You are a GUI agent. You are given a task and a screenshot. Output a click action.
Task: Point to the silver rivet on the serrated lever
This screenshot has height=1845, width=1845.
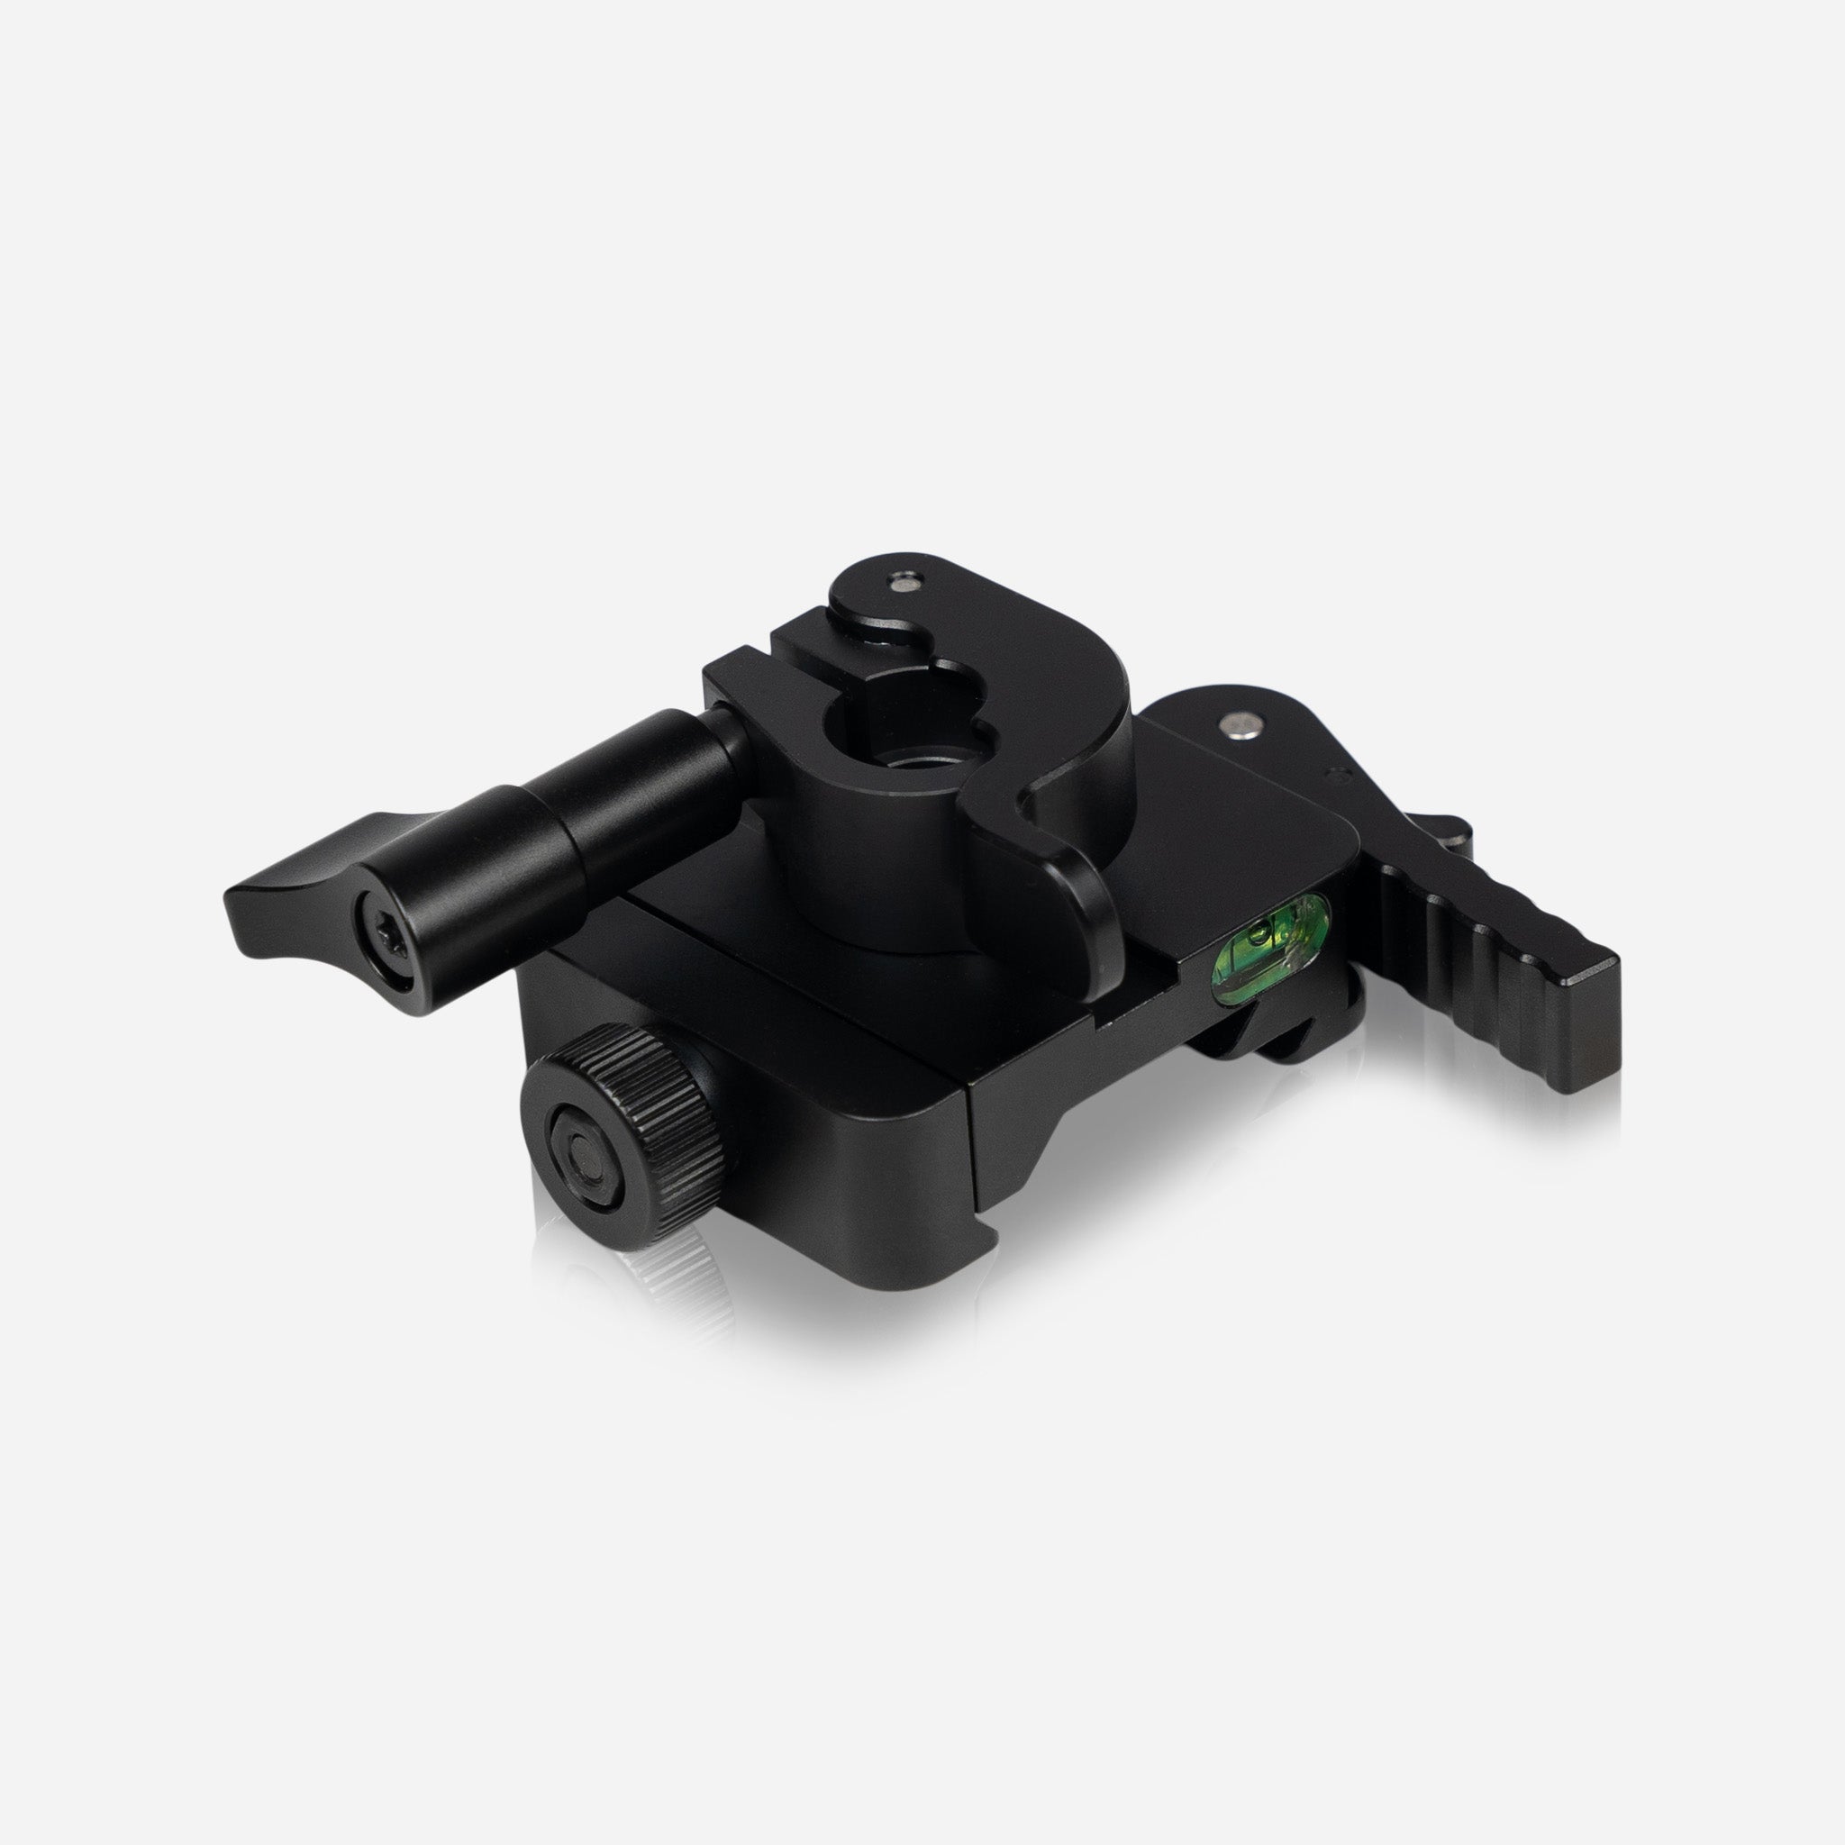(1239, 728)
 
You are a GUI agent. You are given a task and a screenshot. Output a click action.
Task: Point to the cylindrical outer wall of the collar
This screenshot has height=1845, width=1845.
(859, 859)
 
